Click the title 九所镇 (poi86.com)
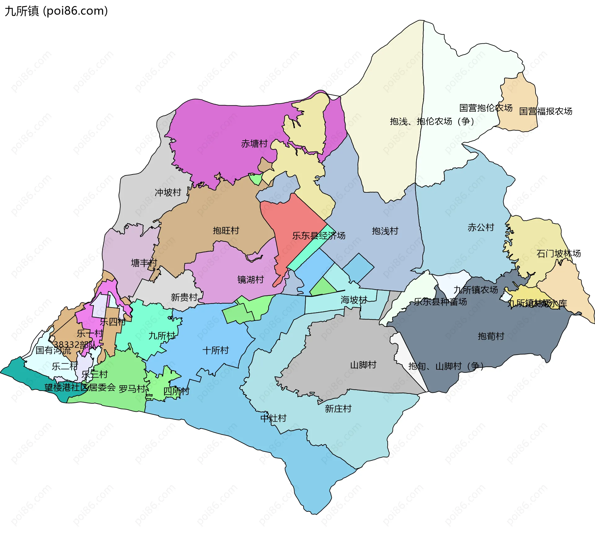pos(56,11)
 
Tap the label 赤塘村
pos(254,144)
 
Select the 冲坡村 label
pos(168,193)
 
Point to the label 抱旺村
pos(226,230)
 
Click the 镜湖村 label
pos(250,280)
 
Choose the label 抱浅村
pos(385,231)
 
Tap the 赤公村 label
pos(481,227)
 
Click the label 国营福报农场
pos(545,111)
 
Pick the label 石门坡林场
pos(558,254)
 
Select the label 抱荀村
pos(491,336)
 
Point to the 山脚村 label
pos(363,365)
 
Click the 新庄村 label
pos(338,409)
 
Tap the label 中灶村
pos(273,419)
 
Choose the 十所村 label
pos(215,350)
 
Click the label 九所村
pos(161,336)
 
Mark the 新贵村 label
pos(184,297)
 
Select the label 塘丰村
pos(144,263)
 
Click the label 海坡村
pos(354,300)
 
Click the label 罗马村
pos(132,389)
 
